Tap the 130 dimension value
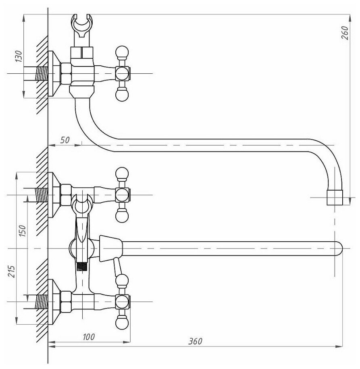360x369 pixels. [x=18, y=56]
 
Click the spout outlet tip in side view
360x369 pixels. [x=334, y=198]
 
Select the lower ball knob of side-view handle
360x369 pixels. [x=122, y=95]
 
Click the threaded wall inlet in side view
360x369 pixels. [x=42, y=74]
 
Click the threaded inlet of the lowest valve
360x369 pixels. [x=42, y=301]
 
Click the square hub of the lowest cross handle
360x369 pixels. [x=122, y=301]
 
